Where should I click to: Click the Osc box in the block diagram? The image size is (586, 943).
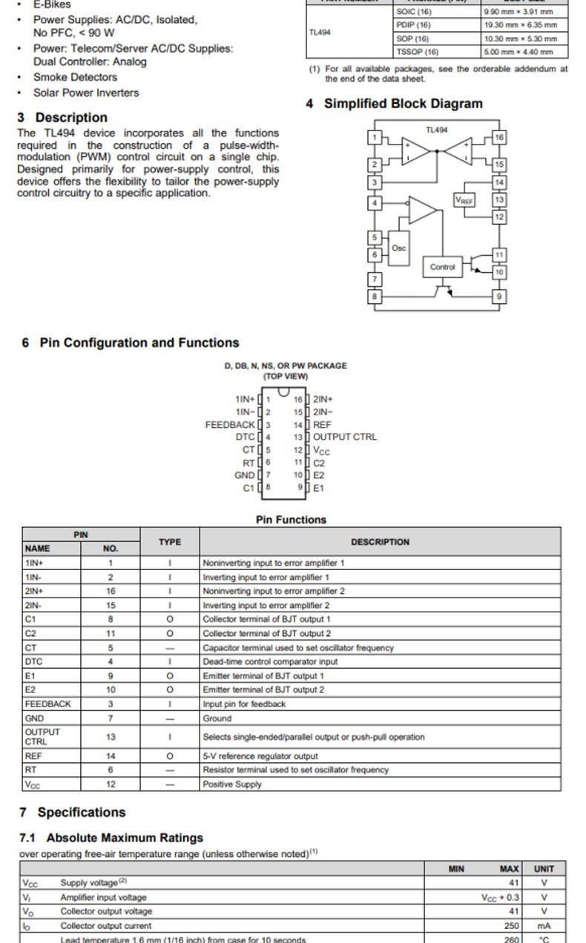pos(399,248)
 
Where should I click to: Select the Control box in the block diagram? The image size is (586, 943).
pos(442,267)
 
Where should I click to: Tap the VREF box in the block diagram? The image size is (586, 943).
pos(464,201)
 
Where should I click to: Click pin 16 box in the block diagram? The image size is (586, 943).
pos(499,138)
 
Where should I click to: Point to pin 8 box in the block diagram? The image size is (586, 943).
pos(375,297)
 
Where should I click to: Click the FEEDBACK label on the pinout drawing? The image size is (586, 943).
pos(230,425)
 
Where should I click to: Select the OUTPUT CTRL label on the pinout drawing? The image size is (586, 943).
pos(345,437)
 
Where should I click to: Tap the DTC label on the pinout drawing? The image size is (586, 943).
pos(246,437)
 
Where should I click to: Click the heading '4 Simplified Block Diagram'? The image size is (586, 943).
pos(394,104)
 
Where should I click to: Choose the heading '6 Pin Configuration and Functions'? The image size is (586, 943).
pos(131,343)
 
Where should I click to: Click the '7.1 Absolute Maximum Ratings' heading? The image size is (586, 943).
pos(111,838)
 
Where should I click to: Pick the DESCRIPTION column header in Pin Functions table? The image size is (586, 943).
pos(380,542)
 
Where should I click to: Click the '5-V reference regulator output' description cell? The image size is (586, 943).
pos(260,756)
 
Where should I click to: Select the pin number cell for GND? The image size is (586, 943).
pos(111,718)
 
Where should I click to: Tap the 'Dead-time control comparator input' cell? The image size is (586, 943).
pos(270,661)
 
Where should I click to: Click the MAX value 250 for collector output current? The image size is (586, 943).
pos(511,925)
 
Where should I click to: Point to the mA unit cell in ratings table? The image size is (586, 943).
pos(544,925)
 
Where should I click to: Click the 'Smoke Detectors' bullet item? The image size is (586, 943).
pos(75,77)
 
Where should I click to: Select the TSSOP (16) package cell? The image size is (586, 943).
pos(418,52)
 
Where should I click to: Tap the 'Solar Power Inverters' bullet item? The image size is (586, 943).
pos(86,93)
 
